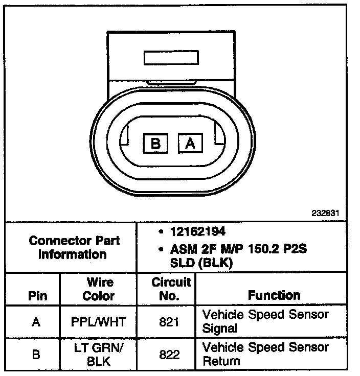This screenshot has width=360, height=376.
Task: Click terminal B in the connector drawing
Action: point(156,143)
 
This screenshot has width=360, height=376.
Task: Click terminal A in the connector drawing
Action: point(190,143)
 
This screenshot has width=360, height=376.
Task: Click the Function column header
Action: point(274,295)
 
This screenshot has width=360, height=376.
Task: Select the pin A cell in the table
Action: point(35,322)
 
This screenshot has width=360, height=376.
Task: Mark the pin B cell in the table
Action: point(35,354)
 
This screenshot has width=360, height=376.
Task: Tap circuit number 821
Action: point(166,322)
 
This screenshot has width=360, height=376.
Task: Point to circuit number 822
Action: point(166,354)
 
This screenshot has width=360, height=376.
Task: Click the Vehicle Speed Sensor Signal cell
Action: point(265,321)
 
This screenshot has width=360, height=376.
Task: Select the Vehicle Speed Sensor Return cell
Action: point(265,354)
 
